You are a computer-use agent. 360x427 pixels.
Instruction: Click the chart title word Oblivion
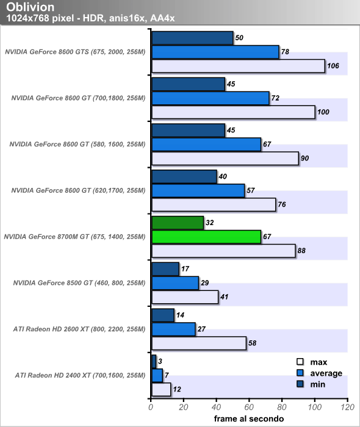click(x=31, y=7)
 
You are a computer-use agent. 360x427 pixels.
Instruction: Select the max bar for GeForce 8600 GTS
click(x=239, y=66)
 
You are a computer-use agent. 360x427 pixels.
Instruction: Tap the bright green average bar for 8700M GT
click(x=206, y=237)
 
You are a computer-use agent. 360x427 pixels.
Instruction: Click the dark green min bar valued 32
click(x=178, y=223)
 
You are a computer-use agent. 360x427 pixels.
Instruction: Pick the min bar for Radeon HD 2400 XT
click(x=154, y=361)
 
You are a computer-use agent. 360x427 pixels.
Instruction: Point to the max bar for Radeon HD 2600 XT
click(x=199, y=343)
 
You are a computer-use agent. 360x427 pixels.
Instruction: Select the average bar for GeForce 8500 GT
click(x=175, y=283)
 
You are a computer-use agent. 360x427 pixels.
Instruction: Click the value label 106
click(x=333, y=66)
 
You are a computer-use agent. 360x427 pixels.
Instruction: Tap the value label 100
click(x=323, y=112)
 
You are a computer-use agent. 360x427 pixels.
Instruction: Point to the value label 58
click(x=253, y=343)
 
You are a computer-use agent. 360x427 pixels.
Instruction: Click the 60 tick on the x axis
click(x=249, y=407)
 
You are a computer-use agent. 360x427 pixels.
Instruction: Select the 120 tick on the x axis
click(x=347, y=407)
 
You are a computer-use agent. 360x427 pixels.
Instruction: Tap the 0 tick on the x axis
click(x=151, y=407)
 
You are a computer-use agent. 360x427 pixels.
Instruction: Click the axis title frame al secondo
click(x=249, y=418)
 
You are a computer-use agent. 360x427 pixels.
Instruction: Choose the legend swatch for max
click(x=300, y=362)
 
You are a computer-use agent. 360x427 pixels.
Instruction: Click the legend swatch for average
click(x=300, y=373)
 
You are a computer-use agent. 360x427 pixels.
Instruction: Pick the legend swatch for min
click(x=300, y=384)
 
